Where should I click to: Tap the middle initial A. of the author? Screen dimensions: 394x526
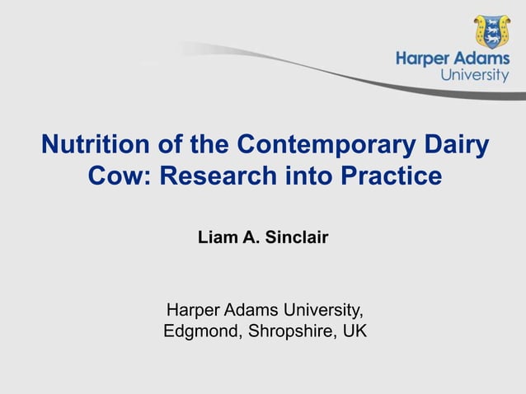pyautogui.click(x=248, y=239)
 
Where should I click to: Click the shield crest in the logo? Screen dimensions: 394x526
pyautogui.click(x=491, y=31)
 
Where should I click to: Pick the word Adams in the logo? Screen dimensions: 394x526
pyautogui.click(x=482, y=59)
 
